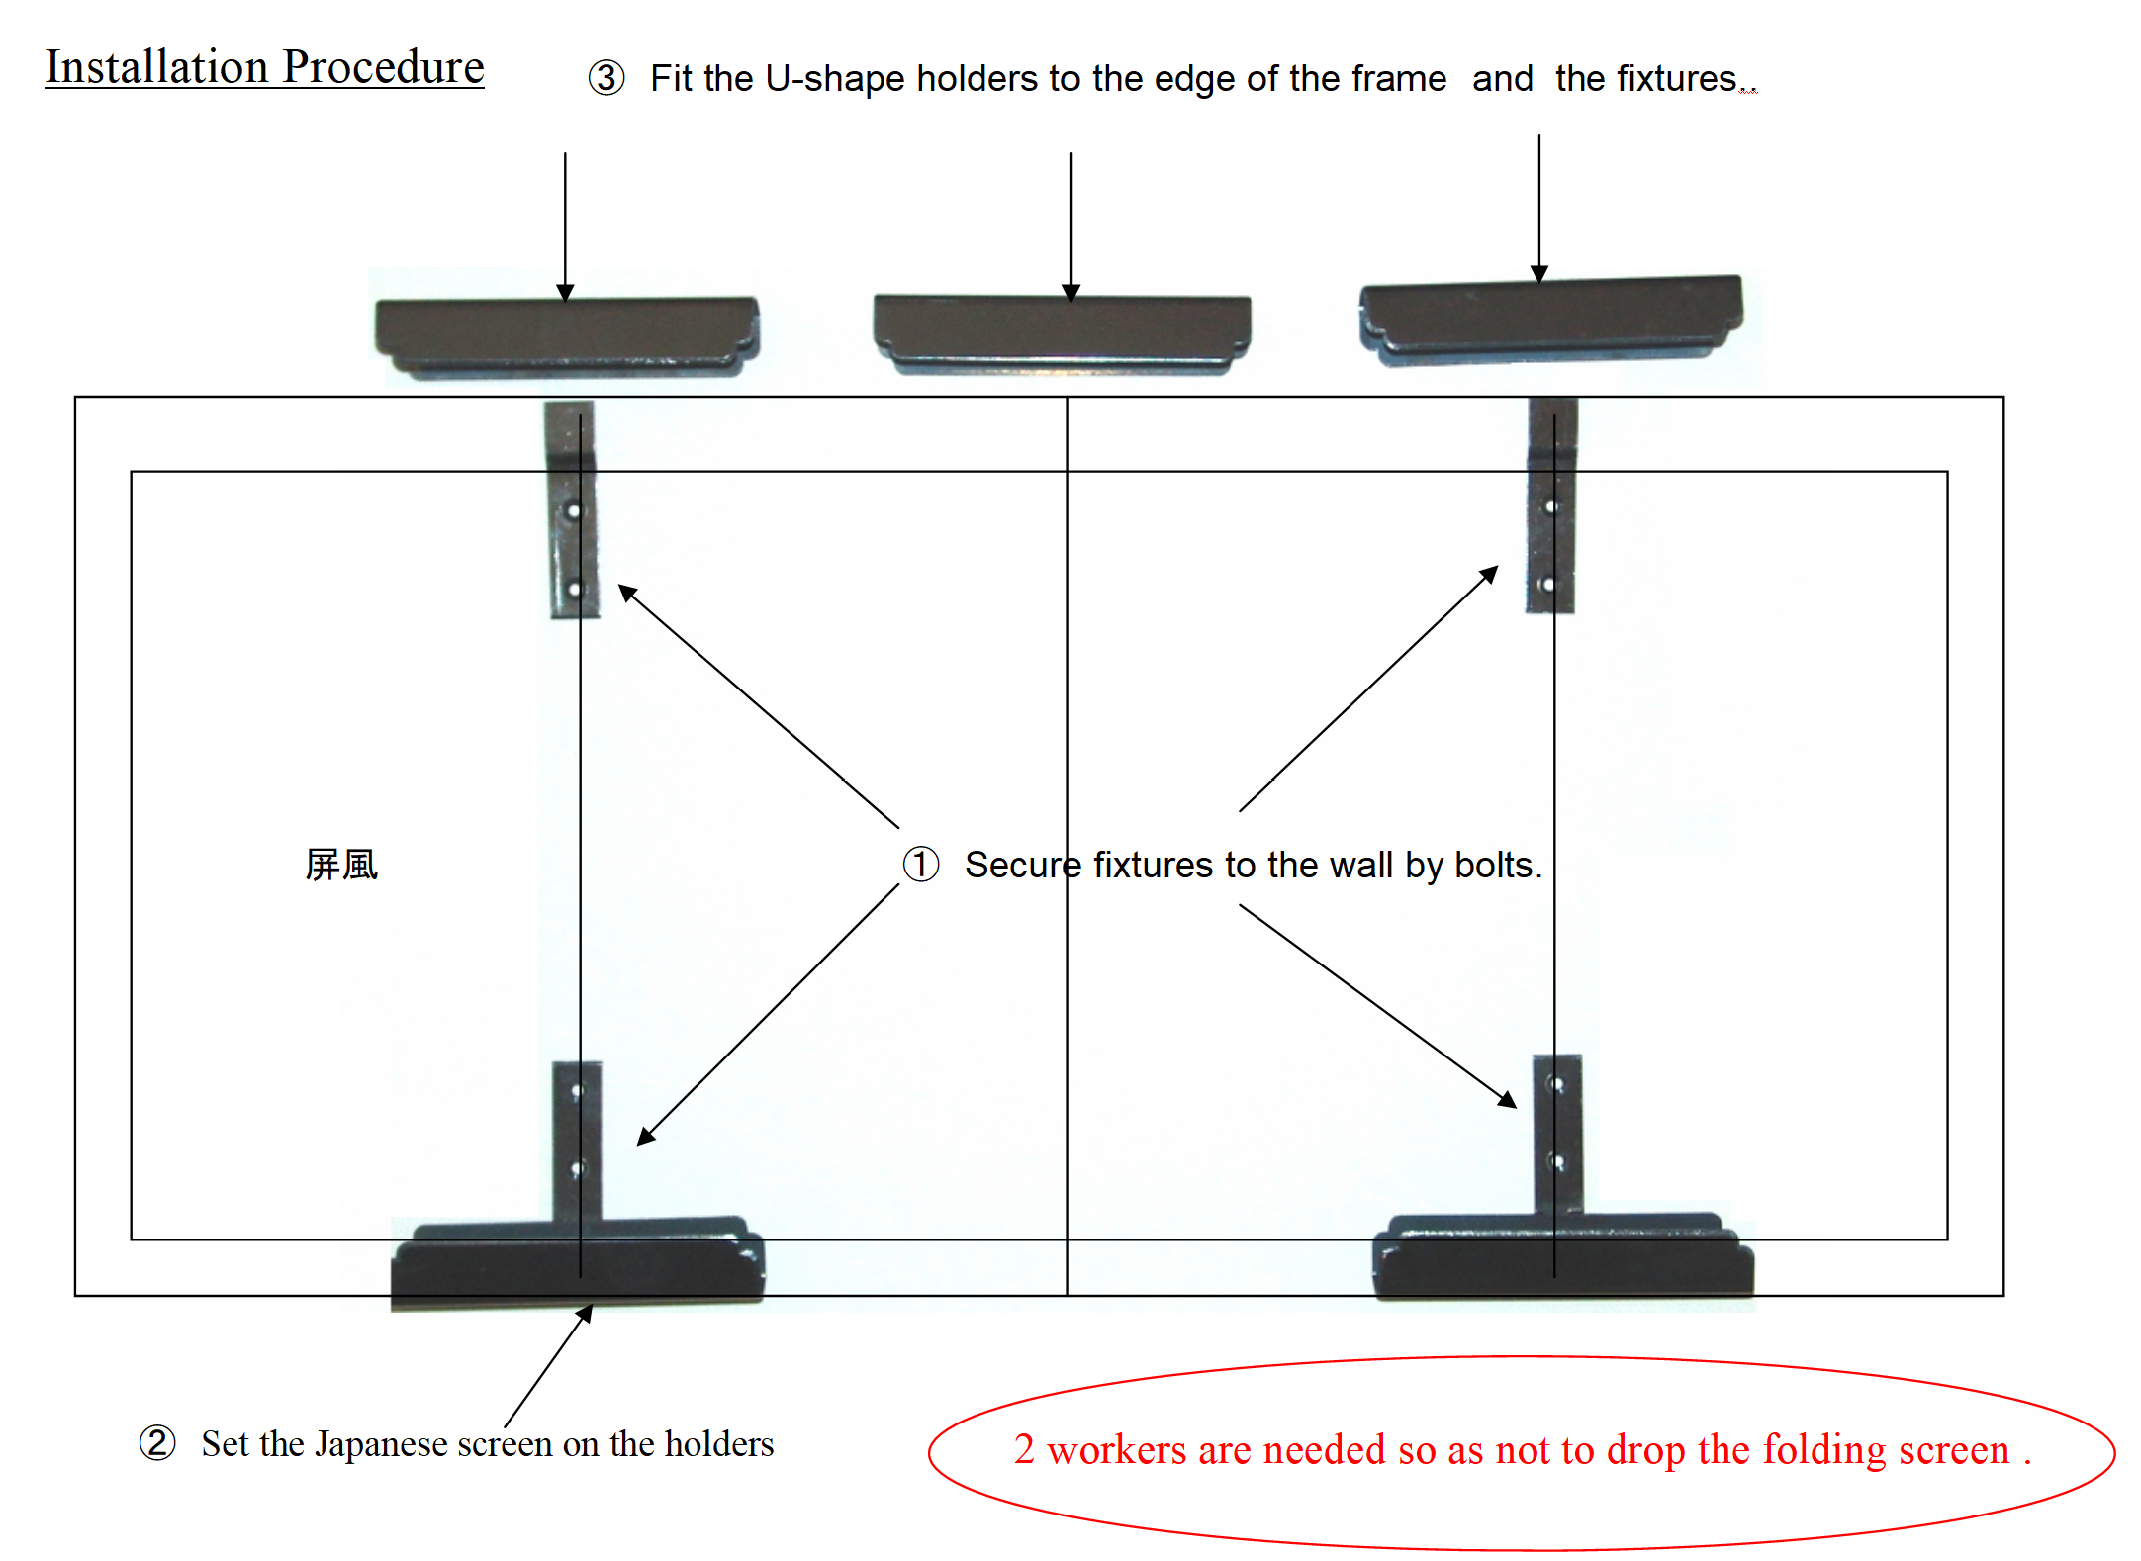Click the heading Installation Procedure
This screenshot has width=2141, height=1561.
[x=264, y=67]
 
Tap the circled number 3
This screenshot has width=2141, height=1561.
[x=606, y=78]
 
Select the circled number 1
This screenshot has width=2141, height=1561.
[x=920, y=864]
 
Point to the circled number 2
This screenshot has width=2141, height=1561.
[x=157, y=1443]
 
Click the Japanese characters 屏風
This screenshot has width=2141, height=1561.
[x=341, y=865]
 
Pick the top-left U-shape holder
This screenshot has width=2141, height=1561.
[x=567, y=337]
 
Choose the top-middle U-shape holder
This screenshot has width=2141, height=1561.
[x=1062, y=333]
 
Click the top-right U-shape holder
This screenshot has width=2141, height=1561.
[x=1550, y=320]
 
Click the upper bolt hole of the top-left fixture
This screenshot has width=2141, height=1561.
[x=573, y=511]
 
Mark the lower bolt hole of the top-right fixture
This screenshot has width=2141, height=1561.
[x=1548, y=584]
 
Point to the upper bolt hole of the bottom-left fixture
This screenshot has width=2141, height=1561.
[x=577, y=1091]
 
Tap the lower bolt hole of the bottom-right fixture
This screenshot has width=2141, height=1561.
[x=1556, y=1162]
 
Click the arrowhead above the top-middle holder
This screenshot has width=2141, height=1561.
[x=1070, y=293]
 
